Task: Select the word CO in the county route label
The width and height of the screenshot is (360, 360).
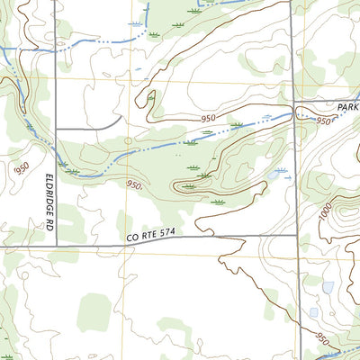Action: click(x=132, y=236)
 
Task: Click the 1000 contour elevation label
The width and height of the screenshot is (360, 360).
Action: click(x=325, y=214)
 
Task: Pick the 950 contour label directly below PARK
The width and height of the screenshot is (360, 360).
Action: click(x=324, y=120)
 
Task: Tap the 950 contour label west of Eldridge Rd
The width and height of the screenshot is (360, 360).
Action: click(x=22, y=167)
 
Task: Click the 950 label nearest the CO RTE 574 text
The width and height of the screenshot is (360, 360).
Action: click(x=134, y=184)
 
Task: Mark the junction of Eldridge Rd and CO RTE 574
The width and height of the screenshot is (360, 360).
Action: click(x=56, y=244)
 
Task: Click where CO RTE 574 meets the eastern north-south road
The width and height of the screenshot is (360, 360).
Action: click(x=294, y=237)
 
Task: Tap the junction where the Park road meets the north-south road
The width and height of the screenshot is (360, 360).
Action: click(x=294, y=100)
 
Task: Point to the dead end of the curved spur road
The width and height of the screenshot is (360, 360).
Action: click(x=121, y=117)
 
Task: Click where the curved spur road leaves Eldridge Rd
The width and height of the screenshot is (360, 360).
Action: click(x=56, y=130)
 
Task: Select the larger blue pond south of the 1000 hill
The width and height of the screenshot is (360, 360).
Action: click(x=328, y=288)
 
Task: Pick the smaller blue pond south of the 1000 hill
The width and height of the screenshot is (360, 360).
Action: click(x=313, y=312)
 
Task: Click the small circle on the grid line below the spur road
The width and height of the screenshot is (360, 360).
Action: click(x=128, y=140)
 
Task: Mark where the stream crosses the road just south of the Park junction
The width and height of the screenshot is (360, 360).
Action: click(x=294, y=114)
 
